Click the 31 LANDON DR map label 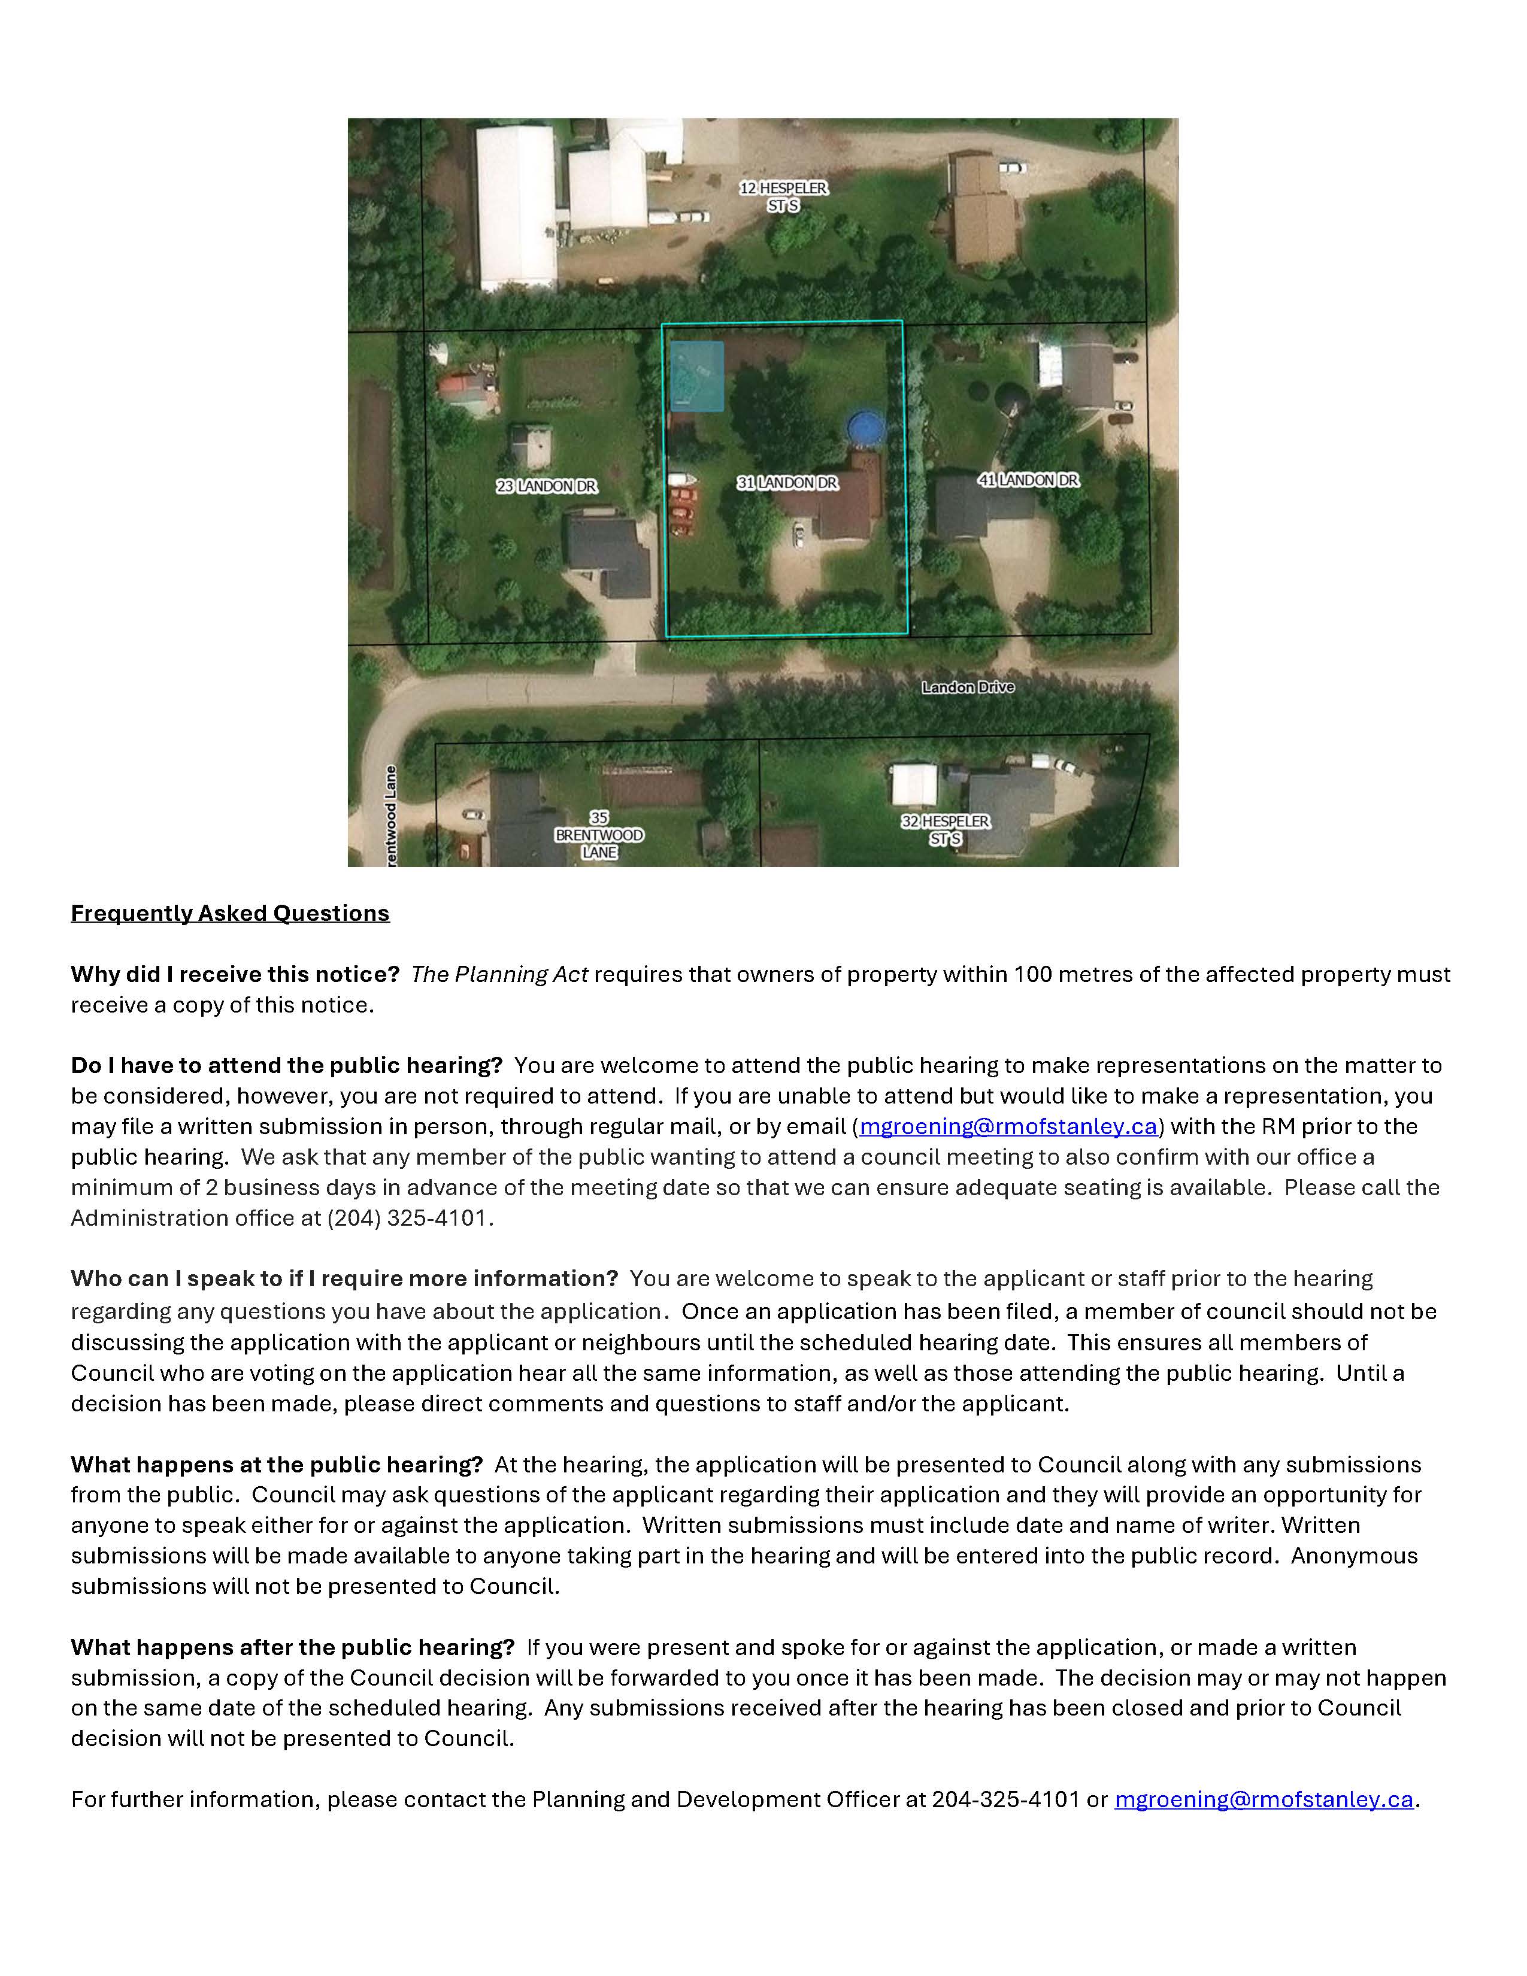787,483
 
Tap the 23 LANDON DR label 546,487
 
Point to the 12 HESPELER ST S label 783,196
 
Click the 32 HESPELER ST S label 946,830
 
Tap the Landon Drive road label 968,687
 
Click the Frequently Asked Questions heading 230,913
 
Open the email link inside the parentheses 1008,1126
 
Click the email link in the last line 1264,1799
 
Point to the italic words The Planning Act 499,974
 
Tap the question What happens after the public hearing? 292,1648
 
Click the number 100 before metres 1031,974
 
